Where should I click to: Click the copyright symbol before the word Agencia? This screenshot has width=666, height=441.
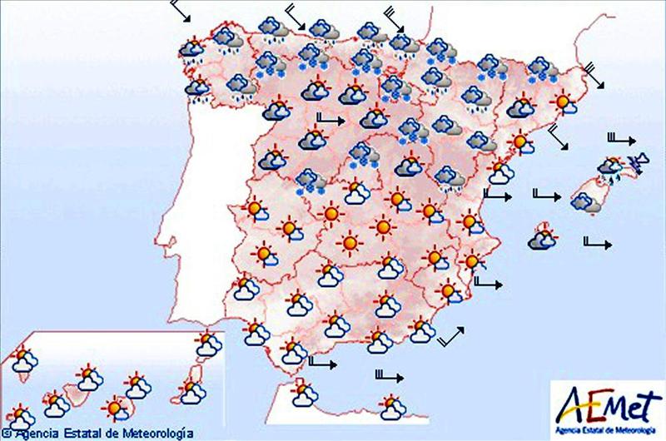pos(6,434)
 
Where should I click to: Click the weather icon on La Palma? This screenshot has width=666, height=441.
pos(23,360)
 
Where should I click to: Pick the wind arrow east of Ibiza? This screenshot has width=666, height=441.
pos(599,243)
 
